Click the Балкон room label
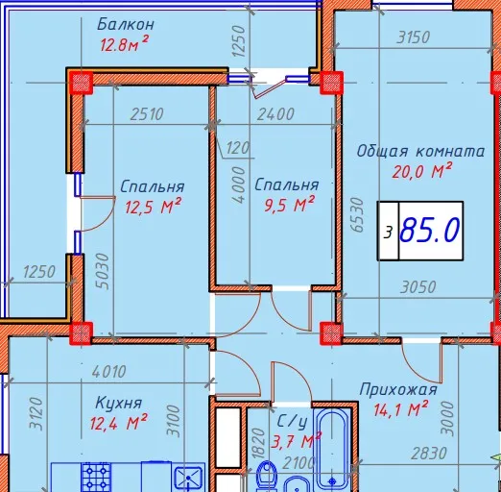(126, 25)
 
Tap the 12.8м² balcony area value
(124, 44)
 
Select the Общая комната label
(420, 151)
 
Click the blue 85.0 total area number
(430, 230)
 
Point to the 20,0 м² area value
(422, 171)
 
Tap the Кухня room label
(118, 404)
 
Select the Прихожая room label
(398, 390)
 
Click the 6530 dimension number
(357, 214)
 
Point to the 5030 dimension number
(103, 271)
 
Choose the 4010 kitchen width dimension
(108, 372)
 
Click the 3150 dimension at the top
(413, 37)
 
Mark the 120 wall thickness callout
(237, 148)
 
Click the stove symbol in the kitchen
(96, 478)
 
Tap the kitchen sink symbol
(189, 479)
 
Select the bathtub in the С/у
(332, 449)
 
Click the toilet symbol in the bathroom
(267, 477)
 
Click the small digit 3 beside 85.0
(388, 233)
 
